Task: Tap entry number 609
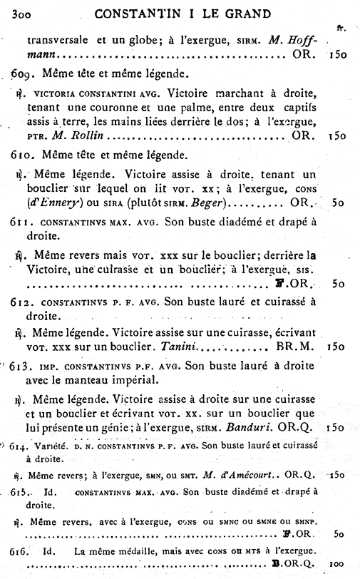coord(24,73)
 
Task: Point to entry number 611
coord(22,222)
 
